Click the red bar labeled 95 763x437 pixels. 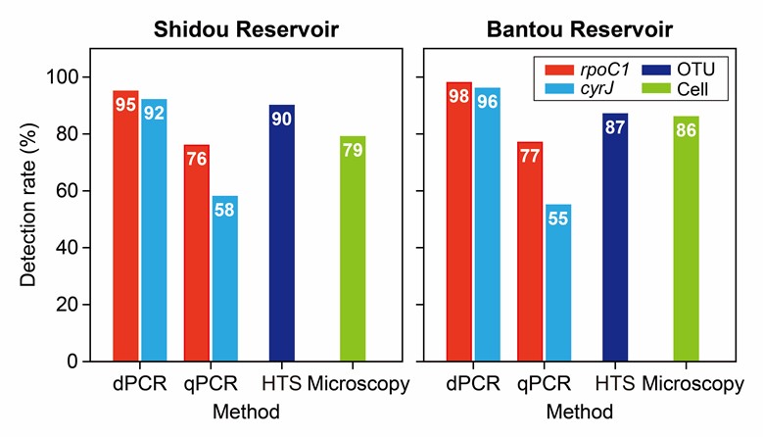pyautogui.click(x=125, y=225)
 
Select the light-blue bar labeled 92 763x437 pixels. pyautogui.click(x=154, y=230)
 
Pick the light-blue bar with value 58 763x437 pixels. pyautogui.click(x=224, y=278)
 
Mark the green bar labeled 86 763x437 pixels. pyautogui.click(x=686, y=239)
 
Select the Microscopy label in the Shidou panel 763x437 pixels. pyautogui.click(x=358, y=384)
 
